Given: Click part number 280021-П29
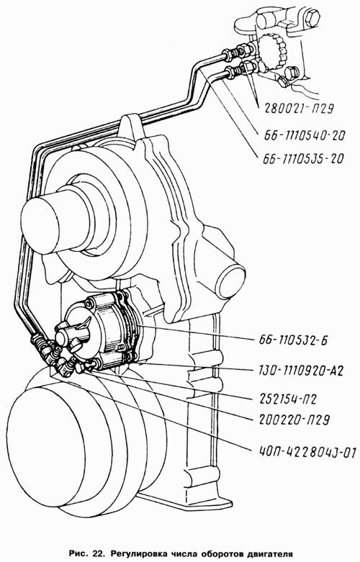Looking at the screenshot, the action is (x=299, y=107).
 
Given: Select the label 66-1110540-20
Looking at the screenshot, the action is (x=305, y=135).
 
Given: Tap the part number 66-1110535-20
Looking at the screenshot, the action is (x=303, y=158).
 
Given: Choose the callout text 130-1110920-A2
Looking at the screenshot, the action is (x=300, y=371).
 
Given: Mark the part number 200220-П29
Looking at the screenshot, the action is (x=293, y=420).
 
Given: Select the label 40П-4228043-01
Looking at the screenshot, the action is (x=306, y=453).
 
